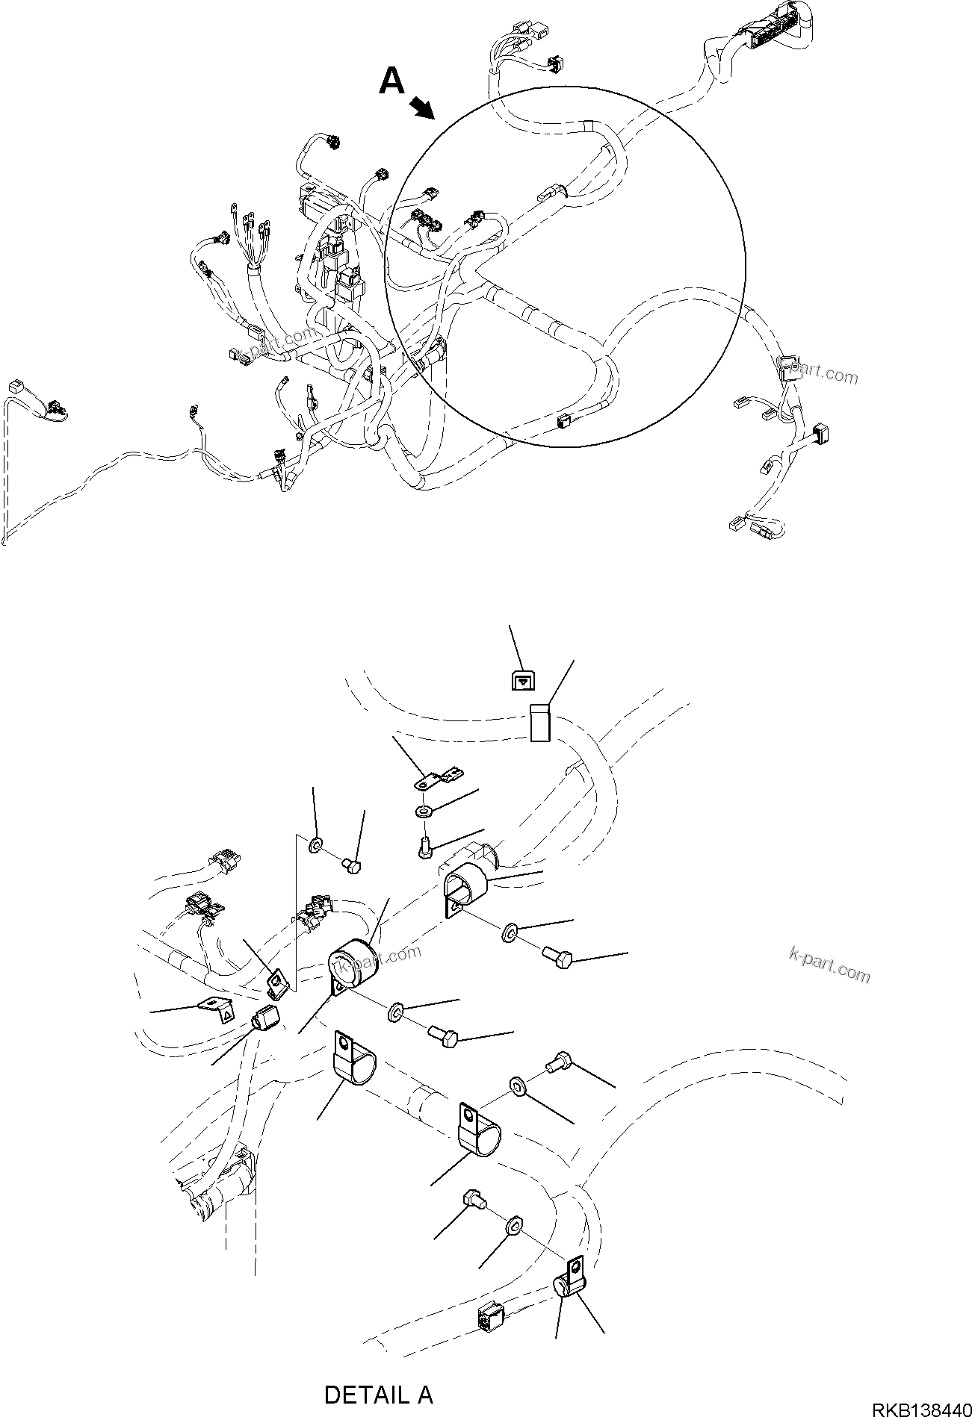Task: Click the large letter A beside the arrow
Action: click(x=391, y=81)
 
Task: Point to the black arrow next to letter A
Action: click(x=424, y=109)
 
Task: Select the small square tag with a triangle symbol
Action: click(x=523, y=680)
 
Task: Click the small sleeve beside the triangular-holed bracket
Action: click(x=265, y=1018)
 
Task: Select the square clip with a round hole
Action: click(x=276, y=981)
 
